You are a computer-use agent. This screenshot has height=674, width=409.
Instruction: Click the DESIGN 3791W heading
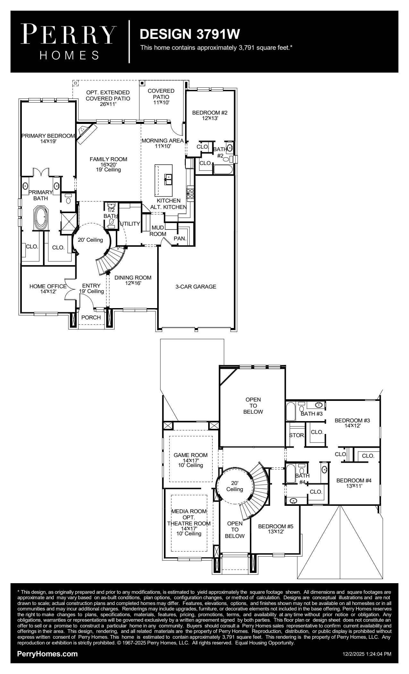tap(190, 34)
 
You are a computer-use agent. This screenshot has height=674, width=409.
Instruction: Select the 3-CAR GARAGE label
tap(196, 287)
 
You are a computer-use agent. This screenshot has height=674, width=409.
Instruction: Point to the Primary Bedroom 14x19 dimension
tap(48, 141)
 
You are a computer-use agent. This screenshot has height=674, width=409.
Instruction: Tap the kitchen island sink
tap(168, 179)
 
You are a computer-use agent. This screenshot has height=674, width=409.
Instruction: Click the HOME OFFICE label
tap(48, 286)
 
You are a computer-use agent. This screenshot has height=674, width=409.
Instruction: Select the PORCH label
tap(91, 317)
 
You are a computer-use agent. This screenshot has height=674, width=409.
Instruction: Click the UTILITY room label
tap(130, 224)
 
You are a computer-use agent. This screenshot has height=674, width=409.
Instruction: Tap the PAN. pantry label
tap(180, 238)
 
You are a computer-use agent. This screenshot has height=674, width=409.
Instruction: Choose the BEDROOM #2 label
tap(210, 113)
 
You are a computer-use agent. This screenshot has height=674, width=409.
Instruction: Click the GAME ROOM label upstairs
tap(191, 455)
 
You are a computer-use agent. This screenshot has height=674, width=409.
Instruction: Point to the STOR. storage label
tap(297, 436)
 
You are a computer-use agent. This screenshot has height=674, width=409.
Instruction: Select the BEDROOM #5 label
tap(276, 526)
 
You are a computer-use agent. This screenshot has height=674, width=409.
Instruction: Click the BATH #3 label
tap(311, 414)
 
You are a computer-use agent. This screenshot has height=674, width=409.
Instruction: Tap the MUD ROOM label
tap(158, 231)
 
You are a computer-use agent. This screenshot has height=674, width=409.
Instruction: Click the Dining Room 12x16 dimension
tap(133, 283)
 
